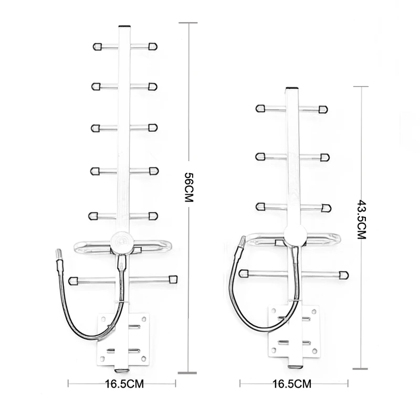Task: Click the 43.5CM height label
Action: click(361, 219)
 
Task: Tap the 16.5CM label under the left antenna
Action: click(124, 383)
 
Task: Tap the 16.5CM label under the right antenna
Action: click(291, 384)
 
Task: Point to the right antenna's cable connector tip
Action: click(242, 241)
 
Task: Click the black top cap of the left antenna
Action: click(124, 26)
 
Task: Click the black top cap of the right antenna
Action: click(292, 89)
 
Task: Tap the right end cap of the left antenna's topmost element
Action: click(152, 46)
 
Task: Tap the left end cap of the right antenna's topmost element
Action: click(260, 109)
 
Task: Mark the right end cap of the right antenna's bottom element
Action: click(343, 275)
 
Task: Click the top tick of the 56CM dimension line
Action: click(188, 23)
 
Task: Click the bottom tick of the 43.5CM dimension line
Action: click(360, 369)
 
